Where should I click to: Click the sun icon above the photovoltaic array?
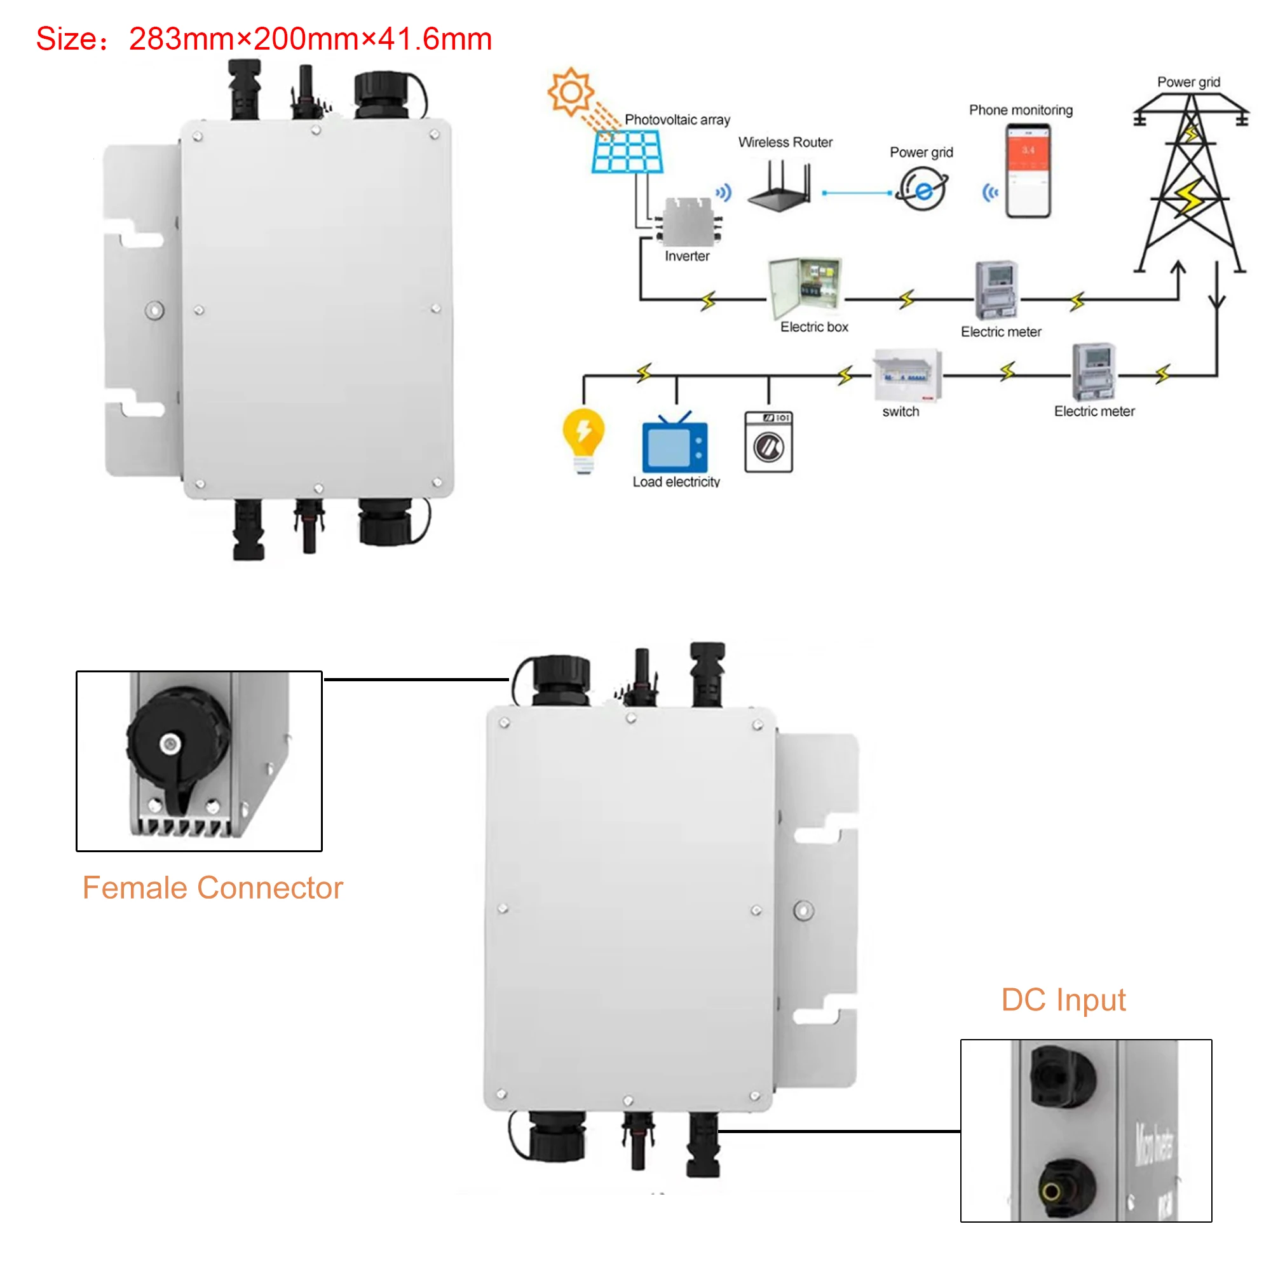pos(571,92)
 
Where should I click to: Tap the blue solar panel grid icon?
pos(627,151)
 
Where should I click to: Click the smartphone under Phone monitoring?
pos(1028,170)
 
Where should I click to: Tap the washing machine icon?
pos(768,442)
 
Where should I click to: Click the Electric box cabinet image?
pos(805,287)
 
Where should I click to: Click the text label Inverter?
pos(687,257)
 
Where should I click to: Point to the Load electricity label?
pos(676,482)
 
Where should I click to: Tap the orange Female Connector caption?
pos(212,888)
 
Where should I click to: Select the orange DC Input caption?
pos(1063,1000)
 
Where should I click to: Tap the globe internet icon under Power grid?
pos(923,189)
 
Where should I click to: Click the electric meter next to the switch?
pos(1093,372)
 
